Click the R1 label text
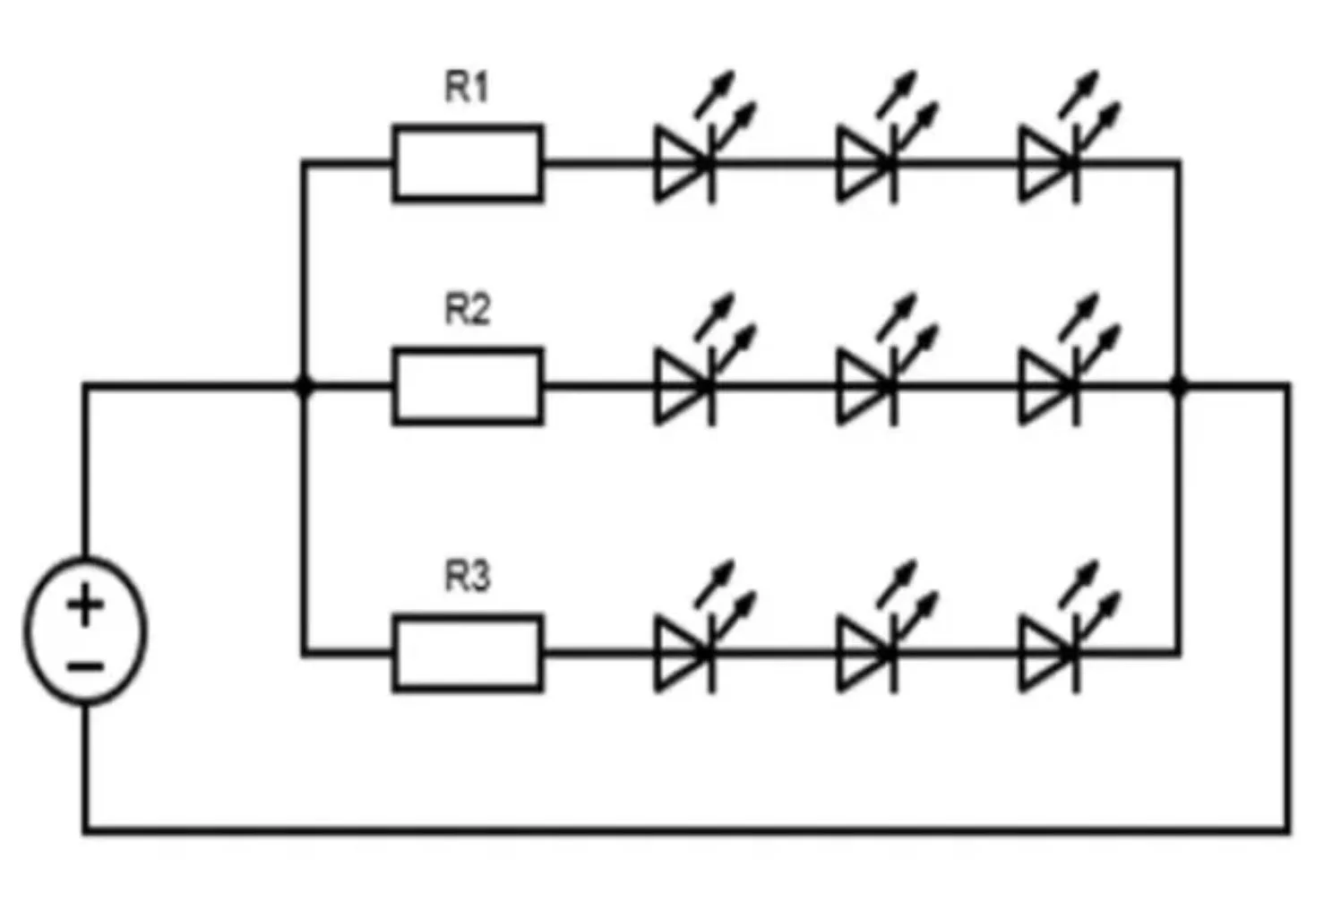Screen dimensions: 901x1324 (467, 88)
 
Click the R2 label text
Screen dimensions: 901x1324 (467, 310)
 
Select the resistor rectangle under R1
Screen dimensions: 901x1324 (468, 163)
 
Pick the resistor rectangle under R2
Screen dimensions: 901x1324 (468, 386)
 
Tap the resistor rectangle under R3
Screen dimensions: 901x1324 (468, 654)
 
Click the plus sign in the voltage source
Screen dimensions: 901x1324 (86, 605)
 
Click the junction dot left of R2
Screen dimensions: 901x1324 (305, 386)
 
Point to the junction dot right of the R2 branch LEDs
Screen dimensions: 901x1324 (1179, 386)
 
